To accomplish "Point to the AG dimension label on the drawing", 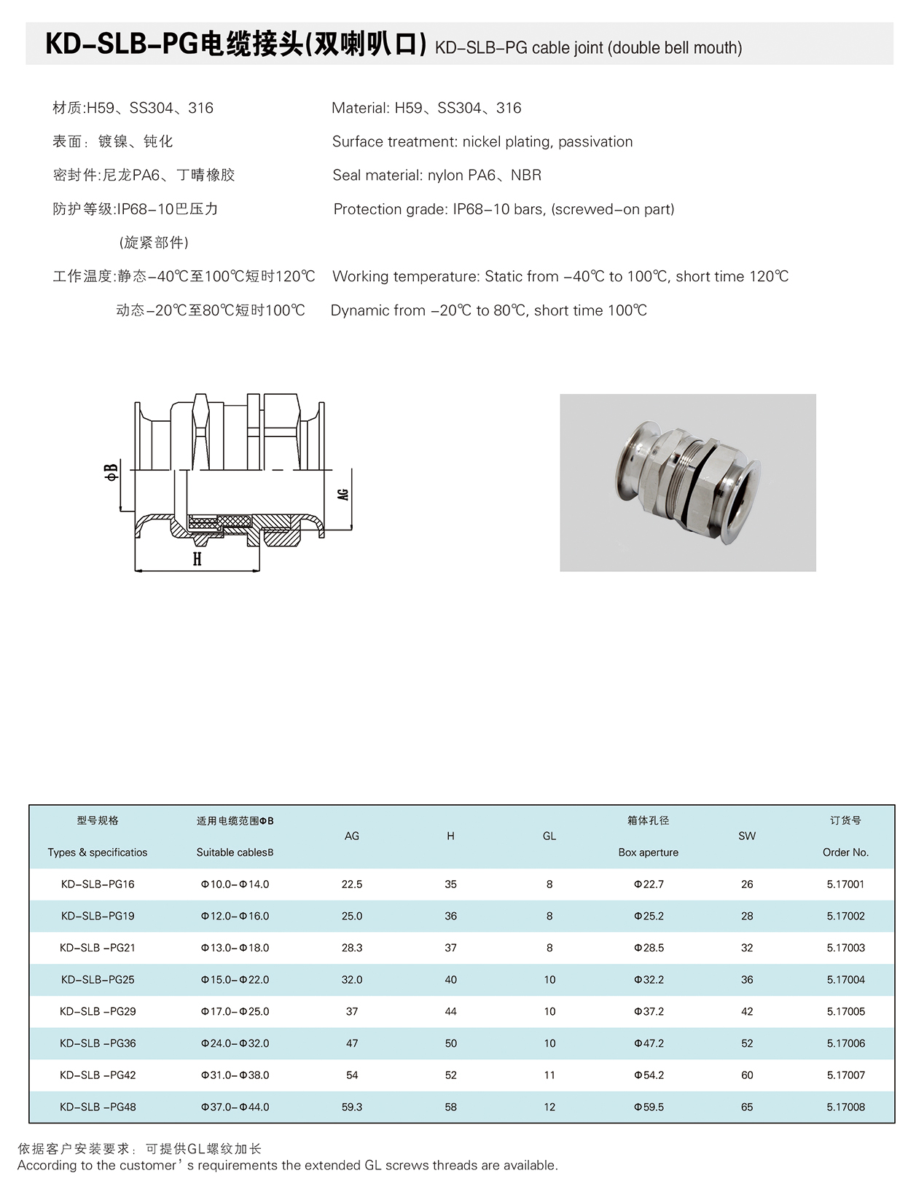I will click(x=343, y=494).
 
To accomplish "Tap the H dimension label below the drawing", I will click(x=197, y=559).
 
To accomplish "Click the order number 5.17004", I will click(x=845, y=980).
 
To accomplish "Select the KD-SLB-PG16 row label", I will click(x=98, y=884).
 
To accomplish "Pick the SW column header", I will click(x=747, y=836).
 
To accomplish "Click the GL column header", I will click(x=549, y=836).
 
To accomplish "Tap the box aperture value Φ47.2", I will click(x=649, y=1043).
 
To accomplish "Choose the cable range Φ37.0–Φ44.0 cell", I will click(x=235, y=1107).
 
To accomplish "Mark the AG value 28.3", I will click(x=352, y=948).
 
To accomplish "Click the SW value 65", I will click(x=747, y=1107).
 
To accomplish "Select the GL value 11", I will click(x=549, y=1075).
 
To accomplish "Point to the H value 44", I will click(x=451, y=1012).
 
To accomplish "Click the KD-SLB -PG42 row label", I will click(x=98, y=1075).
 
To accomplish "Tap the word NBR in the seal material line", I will click(x=526, y=176).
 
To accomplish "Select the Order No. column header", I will click(x=845, y=852).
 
